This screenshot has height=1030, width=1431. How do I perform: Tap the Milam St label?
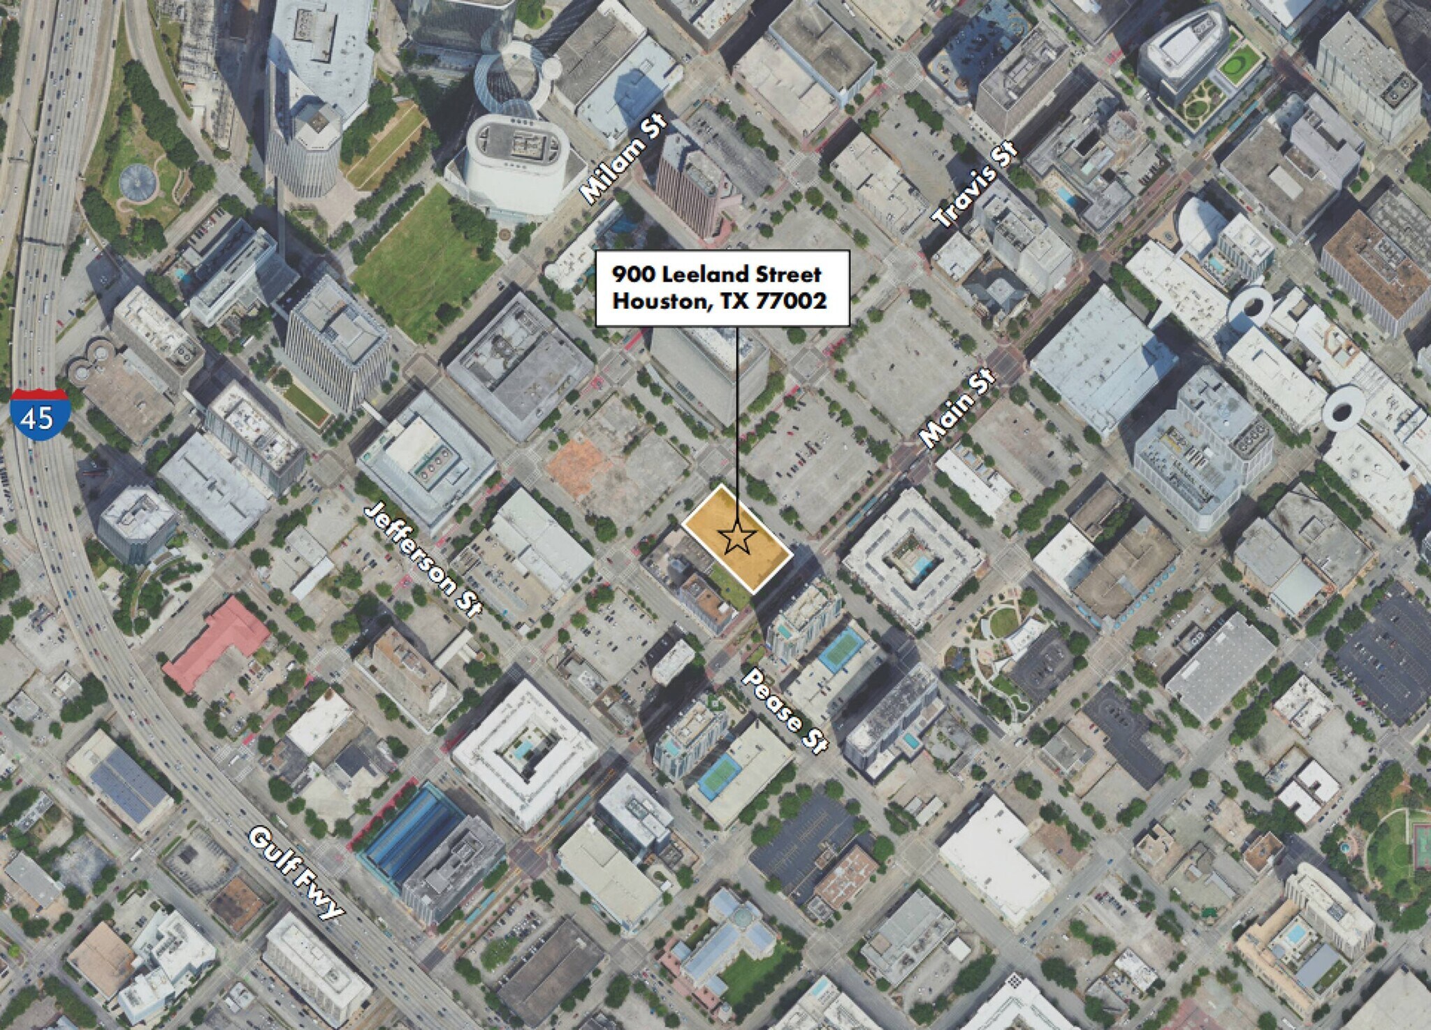pyautogui.click(x=624, y=161)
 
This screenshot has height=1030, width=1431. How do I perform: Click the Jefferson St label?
pyautogui.click(x=423, y=559)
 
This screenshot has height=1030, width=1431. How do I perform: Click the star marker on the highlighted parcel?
pyautogui.click(x=736, y=539)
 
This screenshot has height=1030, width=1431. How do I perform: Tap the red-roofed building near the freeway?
pyautogui.click(x=217, y=643)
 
